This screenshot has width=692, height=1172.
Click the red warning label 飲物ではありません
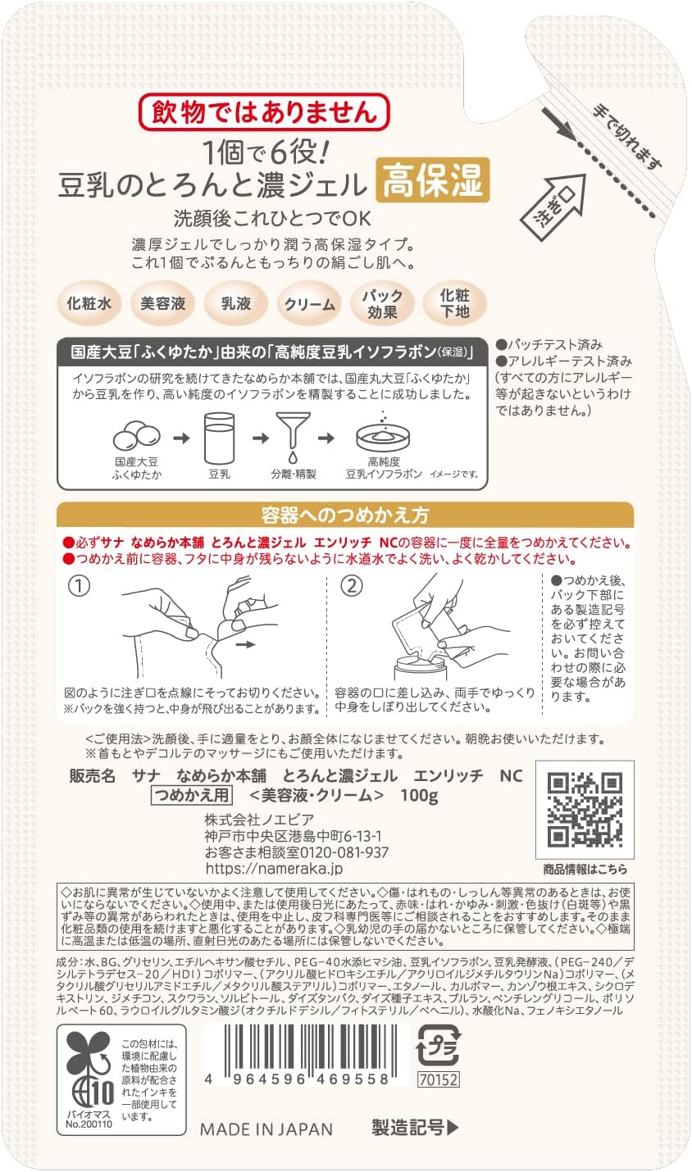[263, 112]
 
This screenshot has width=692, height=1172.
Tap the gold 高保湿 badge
[432, 179]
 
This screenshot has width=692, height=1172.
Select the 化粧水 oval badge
[89, 303]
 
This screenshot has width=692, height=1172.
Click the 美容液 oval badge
[162, 303]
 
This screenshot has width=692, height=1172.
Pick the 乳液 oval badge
[236, 303]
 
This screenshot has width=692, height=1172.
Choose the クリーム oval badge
[309, 304]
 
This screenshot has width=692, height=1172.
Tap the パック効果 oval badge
[382, 303]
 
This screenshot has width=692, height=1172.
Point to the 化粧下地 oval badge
[455, 303]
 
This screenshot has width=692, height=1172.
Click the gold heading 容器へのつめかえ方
[344, 516]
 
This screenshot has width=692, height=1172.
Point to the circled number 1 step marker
[78, 587]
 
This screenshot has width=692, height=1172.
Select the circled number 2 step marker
[351, 587]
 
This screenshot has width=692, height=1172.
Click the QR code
[585, 809]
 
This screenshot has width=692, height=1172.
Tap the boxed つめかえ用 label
[192, 795]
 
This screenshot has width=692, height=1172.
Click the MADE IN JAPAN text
[266, 1129]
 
